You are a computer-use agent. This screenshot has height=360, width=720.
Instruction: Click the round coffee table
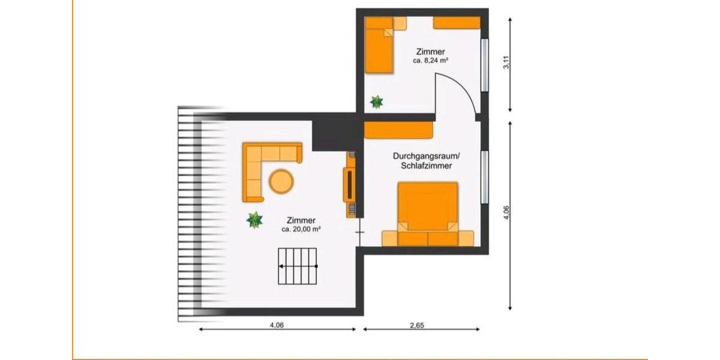tap(281, 181)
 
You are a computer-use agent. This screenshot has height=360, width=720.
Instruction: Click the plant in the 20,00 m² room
tap(255, 220)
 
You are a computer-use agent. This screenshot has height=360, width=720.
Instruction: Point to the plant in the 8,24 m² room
tap(377, 101)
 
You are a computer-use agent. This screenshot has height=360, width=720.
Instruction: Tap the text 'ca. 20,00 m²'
tap(301, 229)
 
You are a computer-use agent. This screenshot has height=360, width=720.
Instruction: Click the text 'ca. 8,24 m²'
tap(431, 61)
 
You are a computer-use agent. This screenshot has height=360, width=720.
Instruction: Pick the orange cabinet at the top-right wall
tap(457, 23)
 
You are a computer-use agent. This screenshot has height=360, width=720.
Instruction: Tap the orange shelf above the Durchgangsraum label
tap(399, 130)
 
